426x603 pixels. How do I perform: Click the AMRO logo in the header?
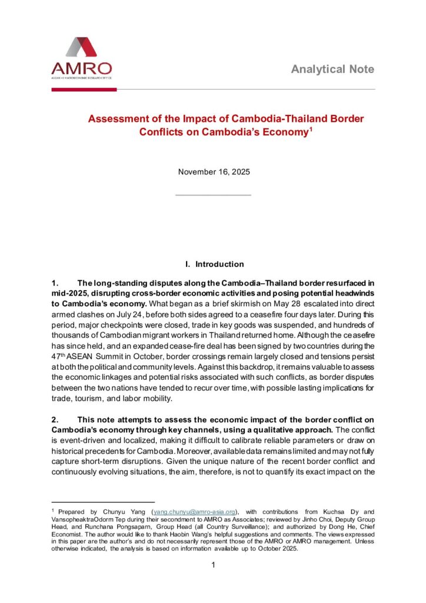point(81,58)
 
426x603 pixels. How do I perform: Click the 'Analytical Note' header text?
point(332,69)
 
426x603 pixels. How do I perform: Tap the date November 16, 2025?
point(214,173)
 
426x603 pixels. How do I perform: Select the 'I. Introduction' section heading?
point(214,264)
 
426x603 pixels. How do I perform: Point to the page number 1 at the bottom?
point(214,566)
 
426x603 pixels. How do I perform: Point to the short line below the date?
point(214,194)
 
